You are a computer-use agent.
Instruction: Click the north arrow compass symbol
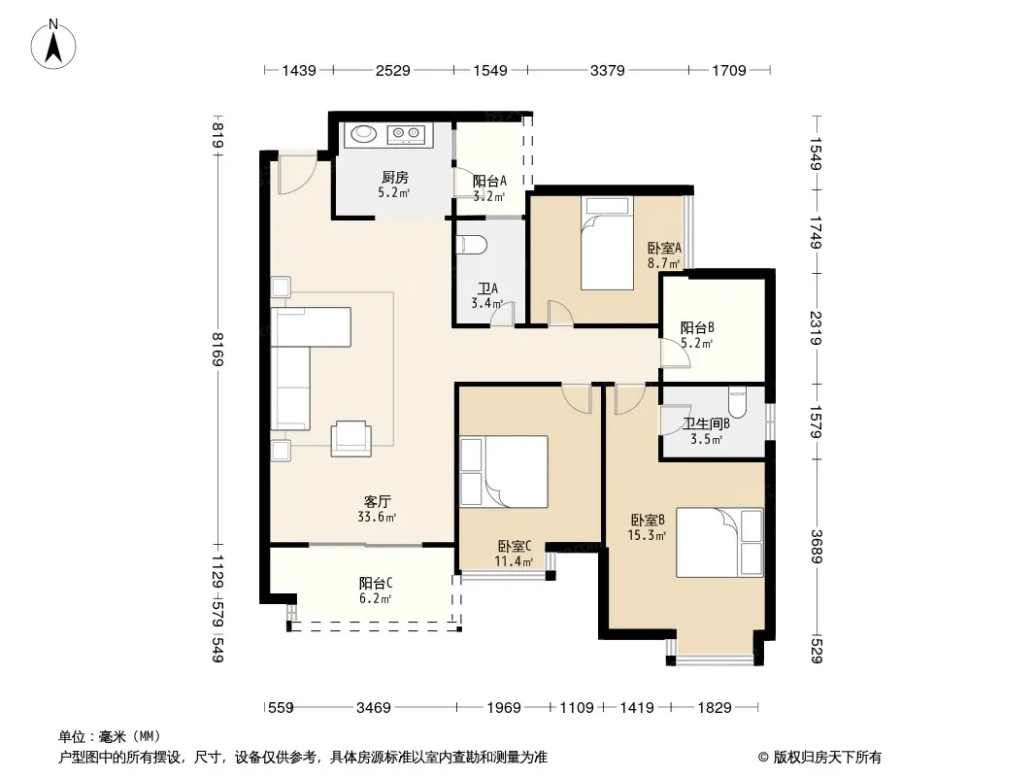(53, 44)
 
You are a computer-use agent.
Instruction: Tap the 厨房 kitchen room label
(395, 178)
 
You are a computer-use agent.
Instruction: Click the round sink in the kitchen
(363, 134)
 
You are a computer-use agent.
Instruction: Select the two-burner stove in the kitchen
(405, 135)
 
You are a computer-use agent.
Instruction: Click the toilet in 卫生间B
(737, 403)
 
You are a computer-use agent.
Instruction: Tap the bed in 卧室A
(607, 243)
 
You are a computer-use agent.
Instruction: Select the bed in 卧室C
(504, 471)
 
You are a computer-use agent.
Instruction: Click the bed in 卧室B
(719, 543)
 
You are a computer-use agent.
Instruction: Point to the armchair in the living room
(351, 438)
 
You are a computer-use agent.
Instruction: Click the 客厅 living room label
(377, 502)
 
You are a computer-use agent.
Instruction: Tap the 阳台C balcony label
(376, 584)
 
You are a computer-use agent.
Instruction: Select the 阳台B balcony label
(697, 328)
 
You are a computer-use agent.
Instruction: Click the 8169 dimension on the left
(217, 350)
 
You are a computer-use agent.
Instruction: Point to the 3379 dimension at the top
(607, 70)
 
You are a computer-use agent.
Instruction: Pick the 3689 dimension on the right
(817, 547)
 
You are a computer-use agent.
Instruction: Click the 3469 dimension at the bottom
(374, 708)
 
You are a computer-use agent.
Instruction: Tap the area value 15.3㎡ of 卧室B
(647, 535)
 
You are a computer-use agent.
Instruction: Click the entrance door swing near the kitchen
(296, 175)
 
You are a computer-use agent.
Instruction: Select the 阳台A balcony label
(489, 181)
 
